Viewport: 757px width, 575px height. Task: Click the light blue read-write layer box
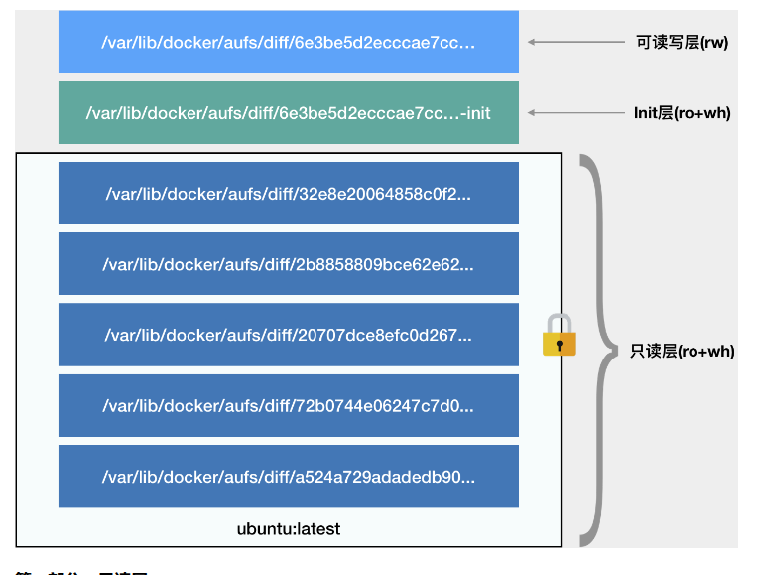point(288,42)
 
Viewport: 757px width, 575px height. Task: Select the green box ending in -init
point(288,113)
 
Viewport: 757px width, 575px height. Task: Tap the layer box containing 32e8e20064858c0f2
point(288,193)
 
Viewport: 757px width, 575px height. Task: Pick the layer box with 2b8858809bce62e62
point(288,264)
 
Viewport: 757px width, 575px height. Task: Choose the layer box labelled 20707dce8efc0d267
point(288,335)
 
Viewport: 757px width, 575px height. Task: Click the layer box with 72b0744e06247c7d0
point(288,405)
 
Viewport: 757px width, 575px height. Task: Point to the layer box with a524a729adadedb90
point(288,477)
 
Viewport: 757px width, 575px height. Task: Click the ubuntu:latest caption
point(288,528)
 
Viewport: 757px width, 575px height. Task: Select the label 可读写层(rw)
point(682,43)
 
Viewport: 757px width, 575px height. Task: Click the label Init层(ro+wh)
point(682,113)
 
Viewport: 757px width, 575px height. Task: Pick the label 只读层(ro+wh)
point(682,351)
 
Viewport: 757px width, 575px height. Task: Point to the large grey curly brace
point(593,350)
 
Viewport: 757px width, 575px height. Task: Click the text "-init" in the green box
point(475,113)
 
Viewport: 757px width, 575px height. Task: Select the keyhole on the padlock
point(560,345)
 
